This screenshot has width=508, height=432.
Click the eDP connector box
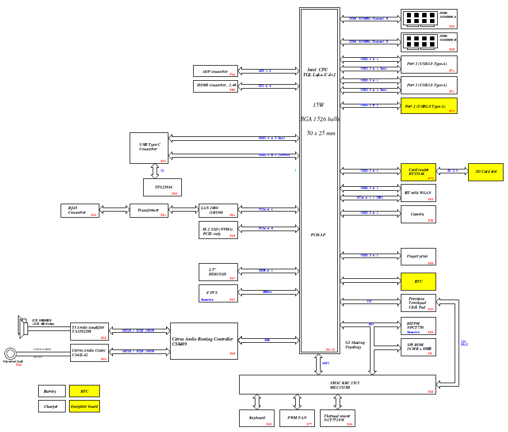[x=214, y=71]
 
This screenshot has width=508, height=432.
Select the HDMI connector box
[x=214, y=86]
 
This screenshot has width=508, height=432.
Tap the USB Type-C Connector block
[x=149, y=148]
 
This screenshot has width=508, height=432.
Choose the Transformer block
[x=149, y=210]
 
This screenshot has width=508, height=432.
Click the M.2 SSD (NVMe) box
[x=218, y=231]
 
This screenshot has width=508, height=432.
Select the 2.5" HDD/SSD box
[x=218, y=272]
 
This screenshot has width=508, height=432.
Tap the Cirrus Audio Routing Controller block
[x=204, y=341]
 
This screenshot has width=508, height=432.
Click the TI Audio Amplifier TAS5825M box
[x=89, y=331]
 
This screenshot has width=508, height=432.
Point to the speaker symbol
[x=23, y=327]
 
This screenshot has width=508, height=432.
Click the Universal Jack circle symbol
[x=11, y=353]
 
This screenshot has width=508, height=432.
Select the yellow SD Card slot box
[x=486, y=172]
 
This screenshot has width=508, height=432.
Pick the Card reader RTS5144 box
[x=418, y=172]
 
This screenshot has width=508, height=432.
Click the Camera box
[x=418, y=214]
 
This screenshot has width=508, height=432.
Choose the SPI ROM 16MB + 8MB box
[x=418, y=347]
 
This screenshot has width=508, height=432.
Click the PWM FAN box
[x=296, y=418]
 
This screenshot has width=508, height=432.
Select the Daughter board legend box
[x=84, y=406]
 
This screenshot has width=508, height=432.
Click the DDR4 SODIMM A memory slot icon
[x=420, y=18]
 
